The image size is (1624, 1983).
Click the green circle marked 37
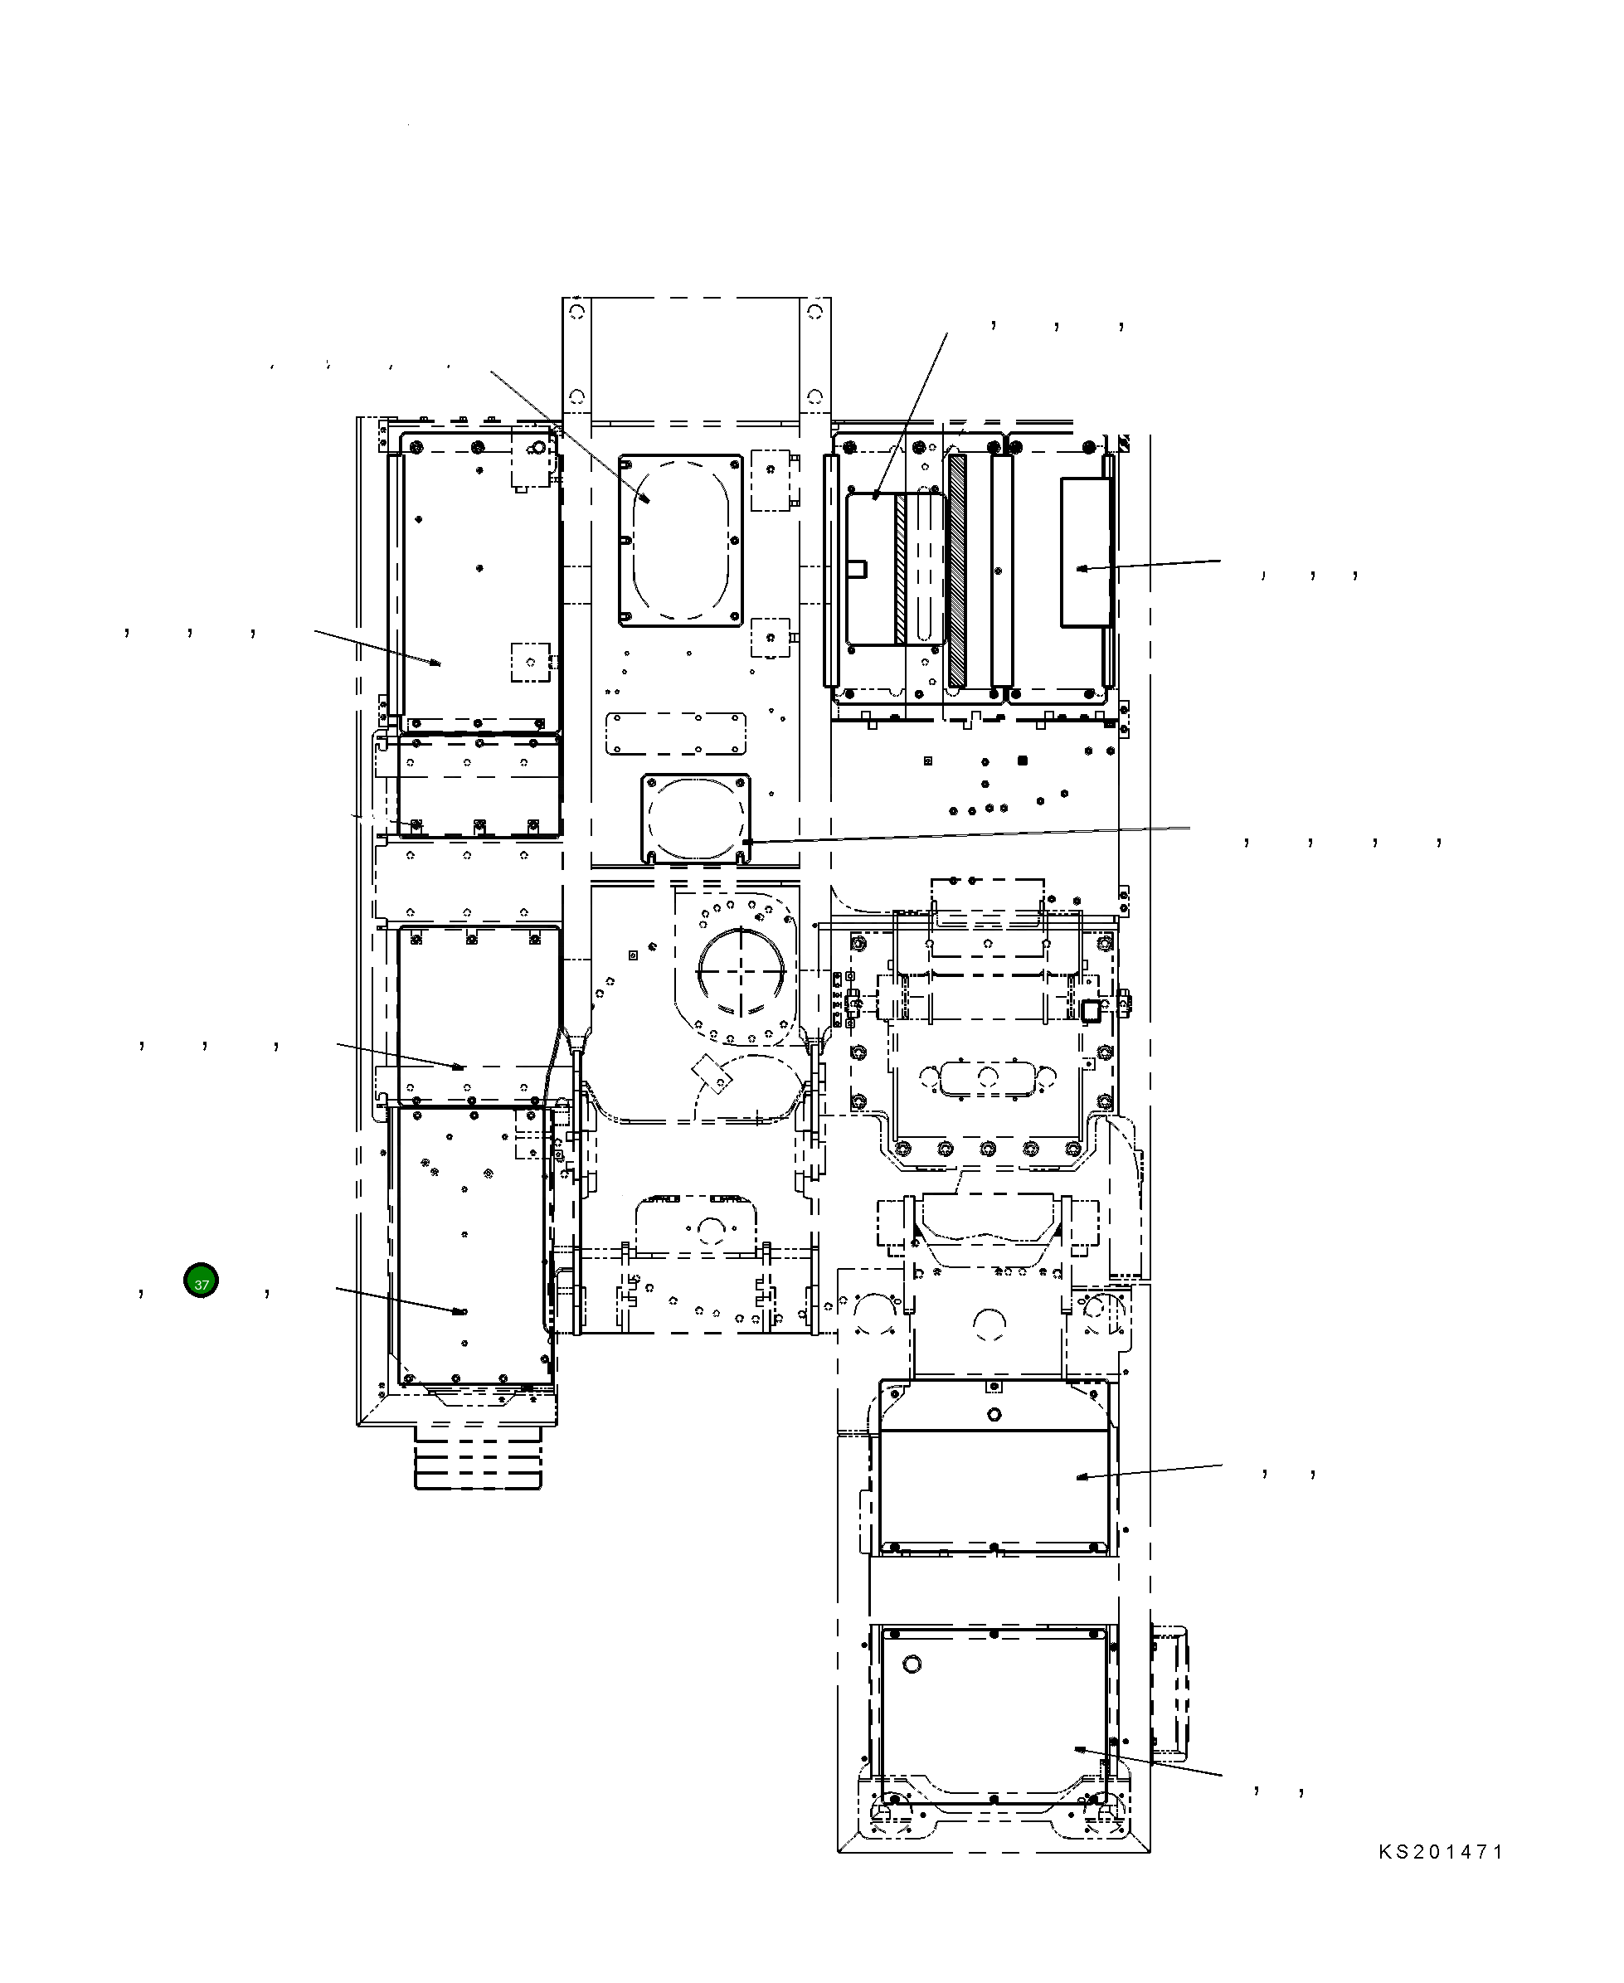[201, 1281]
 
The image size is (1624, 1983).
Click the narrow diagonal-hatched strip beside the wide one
[901, 569]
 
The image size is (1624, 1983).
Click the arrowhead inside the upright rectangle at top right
[1083, 568]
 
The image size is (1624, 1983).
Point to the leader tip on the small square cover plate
[746, 842]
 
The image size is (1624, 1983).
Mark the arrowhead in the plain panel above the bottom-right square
[1082, 1477]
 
